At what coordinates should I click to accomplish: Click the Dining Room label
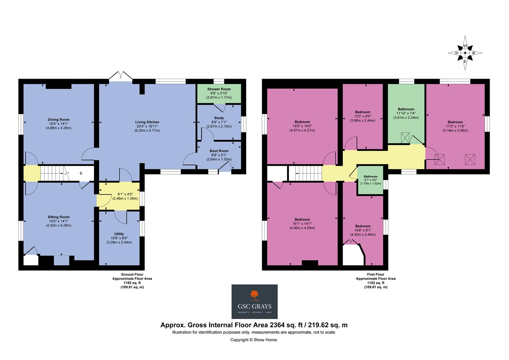(x=58, y=120)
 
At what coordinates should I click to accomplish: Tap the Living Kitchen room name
(x=147, y=122)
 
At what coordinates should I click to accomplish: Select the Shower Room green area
(x=219, y=93)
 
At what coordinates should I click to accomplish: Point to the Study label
(x=219, y=118)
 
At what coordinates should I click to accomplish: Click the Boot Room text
(x=219, y=151)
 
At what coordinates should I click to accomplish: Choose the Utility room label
(x=119, y=234)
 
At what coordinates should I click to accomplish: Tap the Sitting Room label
(x=58, y=217)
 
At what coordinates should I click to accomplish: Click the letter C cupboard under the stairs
(x=81, y=173)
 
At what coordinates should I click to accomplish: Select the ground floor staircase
(x=52, y=173)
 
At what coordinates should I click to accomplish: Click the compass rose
(x=465, y=53)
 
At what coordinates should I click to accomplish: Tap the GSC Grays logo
(x=254, y=301)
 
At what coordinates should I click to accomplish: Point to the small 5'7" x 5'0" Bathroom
(x=370, y=180)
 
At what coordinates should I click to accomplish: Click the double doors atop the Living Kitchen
(x=121, y=76)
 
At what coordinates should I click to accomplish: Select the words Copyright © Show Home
(x=254, y=340)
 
